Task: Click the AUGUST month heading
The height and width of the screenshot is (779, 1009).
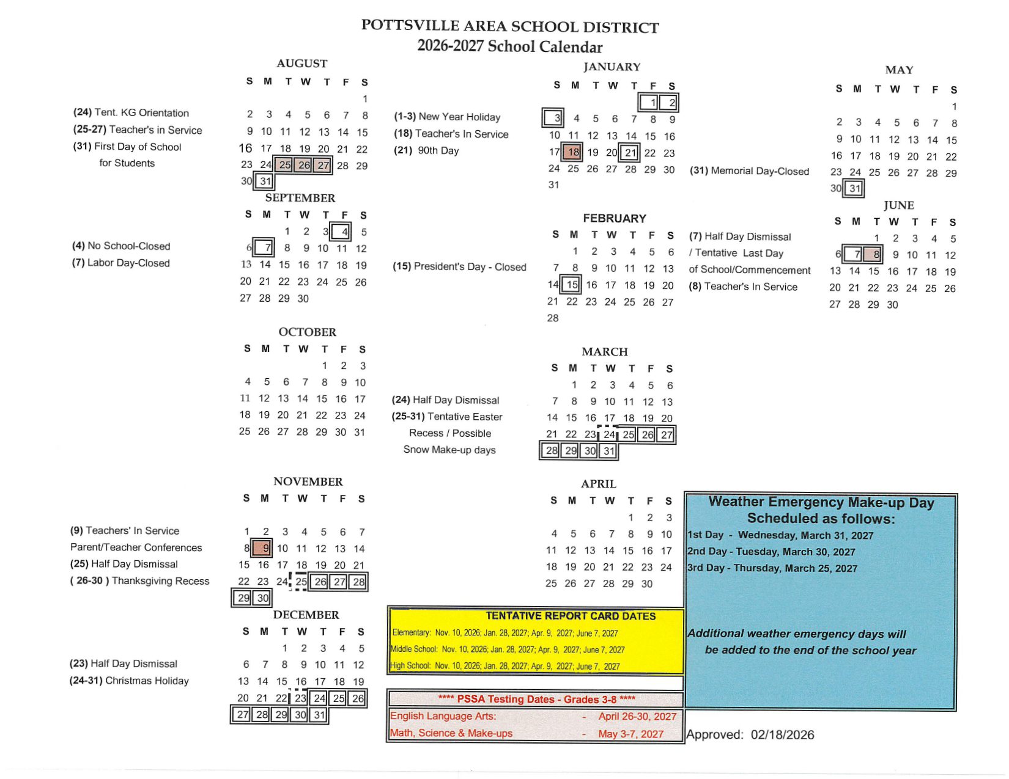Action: point(301,64)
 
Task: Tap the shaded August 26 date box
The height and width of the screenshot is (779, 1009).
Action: point(304,165)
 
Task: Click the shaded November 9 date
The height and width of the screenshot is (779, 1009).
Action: point(264,548)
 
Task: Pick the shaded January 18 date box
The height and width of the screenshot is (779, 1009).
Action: point(573,152)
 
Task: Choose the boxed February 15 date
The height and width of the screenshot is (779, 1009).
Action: point(572,284)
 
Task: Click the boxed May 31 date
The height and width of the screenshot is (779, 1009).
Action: point(854,188)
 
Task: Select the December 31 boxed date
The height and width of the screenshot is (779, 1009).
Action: point(319,714)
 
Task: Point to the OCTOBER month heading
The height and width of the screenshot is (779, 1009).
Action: point(307,332)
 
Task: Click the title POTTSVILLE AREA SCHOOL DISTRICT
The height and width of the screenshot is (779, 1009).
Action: point(510,26)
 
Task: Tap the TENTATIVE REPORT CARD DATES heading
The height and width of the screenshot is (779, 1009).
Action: point(570,616)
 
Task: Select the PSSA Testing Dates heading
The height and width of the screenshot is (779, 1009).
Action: point(536,699)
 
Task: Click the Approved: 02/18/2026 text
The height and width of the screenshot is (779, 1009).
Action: point(750,734)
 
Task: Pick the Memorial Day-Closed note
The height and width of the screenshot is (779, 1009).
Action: point(749,171)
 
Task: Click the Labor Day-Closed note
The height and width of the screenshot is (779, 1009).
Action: point(121,263)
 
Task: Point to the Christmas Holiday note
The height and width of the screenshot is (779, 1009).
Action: point(129,681)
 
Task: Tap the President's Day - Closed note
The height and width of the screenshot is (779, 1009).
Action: point(459,267)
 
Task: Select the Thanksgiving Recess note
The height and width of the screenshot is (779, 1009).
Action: point(140,580)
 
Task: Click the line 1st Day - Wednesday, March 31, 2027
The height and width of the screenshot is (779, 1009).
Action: point(781,535)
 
